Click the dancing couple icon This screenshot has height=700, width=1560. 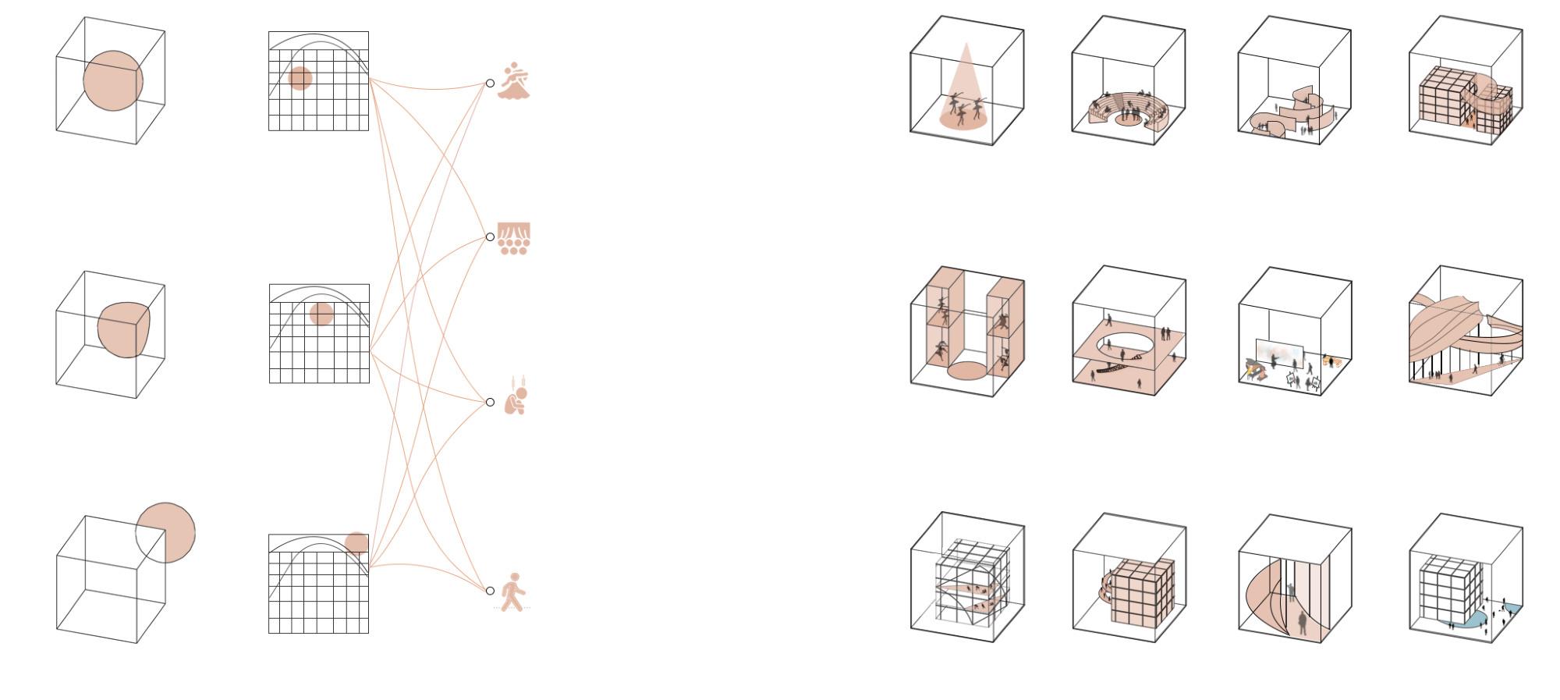click(515, 81)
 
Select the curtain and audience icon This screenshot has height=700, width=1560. click(514, 238)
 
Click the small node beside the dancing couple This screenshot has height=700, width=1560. click(490, 83)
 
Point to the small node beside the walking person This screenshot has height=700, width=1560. click(490, 591)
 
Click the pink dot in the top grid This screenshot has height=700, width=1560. click(300, 78)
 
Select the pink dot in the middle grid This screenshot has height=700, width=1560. click(321, 314)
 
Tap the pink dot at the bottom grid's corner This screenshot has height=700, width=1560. click(356, 543)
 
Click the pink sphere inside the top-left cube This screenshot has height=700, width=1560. click(113, 80)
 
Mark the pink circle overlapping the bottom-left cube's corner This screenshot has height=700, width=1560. click(165, 532)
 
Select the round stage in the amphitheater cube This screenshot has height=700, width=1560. click(1126, 120)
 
